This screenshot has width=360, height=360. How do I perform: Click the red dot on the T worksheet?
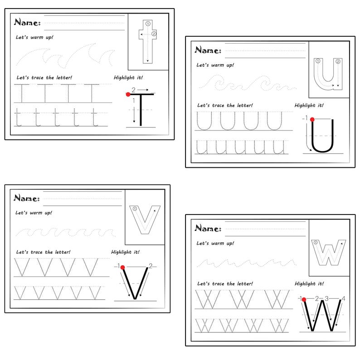128,94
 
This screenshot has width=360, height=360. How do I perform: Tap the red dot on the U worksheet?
312,119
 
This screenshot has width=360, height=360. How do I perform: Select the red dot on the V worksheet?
122,268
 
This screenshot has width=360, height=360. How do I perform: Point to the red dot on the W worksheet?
303,299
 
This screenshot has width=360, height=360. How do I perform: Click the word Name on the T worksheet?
27,22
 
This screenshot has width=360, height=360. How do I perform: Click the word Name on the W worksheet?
208,228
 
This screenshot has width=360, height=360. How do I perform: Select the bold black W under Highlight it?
323,315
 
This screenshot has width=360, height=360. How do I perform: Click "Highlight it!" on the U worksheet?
309,105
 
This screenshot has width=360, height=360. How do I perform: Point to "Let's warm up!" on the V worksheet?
34,212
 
